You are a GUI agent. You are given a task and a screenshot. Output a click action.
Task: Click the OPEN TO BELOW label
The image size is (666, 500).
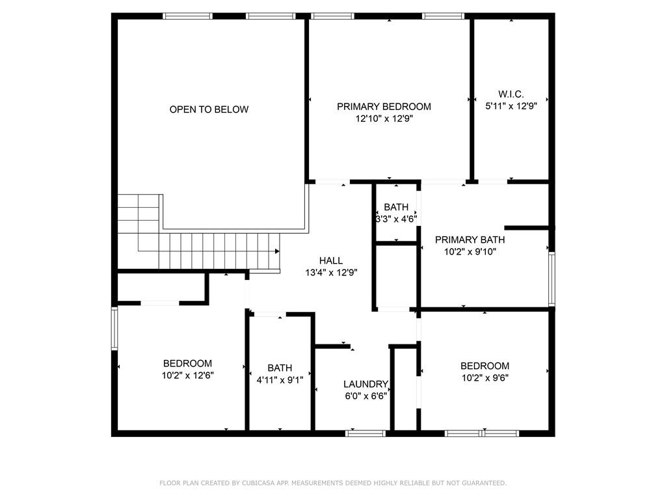[x=209, y=109]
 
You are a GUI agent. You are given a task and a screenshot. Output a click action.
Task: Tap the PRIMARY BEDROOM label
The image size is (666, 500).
[x=384, y=107]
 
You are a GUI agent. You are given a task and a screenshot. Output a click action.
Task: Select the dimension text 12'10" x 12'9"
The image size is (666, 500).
[x=384, y=119]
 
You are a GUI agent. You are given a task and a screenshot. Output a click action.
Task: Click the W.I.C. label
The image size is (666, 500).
[x=511, y=94]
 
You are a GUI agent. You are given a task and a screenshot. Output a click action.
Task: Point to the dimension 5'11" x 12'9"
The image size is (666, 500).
[x=511, y=105]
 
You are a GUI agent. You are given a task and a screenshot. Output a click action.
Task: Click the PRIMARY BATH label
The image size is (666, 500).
[x=470, y=240]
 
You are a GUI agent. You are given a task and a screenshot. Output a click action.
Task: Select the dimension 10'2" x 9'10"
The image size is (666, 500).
[x=470, y=251]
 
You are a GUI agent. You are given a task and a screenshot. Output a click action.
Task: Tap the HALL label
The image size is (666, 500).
[x=330, y=261]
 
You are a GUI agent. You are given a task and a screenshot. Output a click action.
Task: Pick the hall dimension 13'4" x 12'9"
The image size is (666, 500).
[x=330, y=273]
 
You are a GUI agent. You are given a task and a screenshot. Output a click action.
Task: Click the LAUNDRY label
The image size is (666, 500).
[x=366, y=384]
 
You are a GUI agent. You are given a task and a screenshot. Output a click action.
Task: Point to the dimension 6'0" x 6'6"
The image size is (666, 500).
[x=366, y=396]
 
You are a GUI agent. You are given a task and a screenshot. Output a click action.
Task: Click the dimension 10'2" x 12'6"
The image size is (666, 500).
[x=187, y=375]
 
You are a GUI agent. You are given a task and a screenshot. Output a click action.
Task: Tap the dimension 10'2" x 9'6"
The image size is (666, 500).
[x=485, y=378]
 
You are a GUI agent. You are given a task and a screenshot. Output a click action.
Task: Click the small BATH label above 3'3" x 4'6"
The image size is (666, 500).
[x=396, y=208]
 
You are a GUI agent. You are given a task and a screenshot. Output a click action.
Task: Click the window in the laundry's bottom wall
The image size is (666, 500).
[x=356, y=432]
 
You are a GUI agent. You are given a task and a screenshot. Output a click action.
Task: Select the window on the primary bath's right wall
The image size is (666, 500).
[x=552, y=279]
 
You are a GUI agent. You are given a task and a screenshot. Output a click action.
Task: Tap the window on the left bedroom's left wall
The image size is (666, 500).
[x=114, y=328]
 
